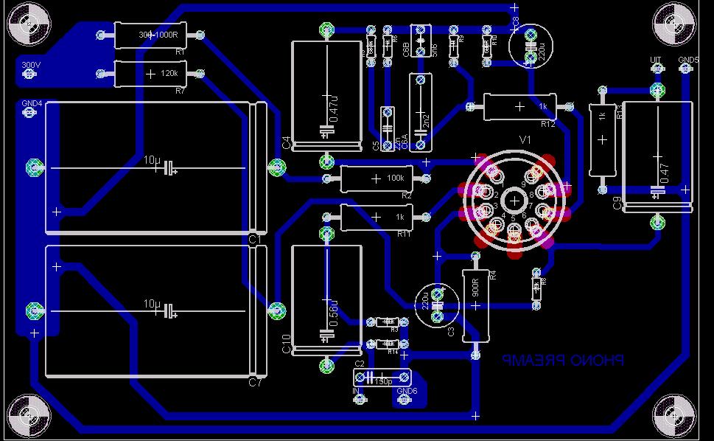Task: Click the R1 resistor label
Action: [180, 52]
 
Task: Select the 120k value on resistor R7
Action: [169, 74]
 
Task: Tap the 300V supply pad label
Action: [30, 66]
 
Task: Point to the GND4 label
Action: [32, 103]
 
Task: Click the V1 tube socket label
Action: [525, 139]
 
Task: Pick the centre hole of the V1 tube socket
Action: [514, 200]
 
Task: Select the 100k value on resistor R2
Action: [395, 178]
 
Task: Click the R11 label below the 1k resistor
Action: [404, 234]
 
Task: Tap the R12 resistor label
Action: [547, 124]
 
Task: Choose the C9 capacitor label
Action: [617, 204]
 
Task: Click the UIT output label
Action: [656, 59]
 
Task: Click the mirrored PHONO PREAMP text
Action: [563, 361]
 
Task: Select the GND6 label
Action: [407, 391]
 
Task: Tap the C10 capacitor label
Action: [287, 344]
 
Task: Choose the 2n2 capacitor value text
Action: [424, 119]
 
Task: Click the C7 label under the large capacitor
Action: [255, 383]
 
